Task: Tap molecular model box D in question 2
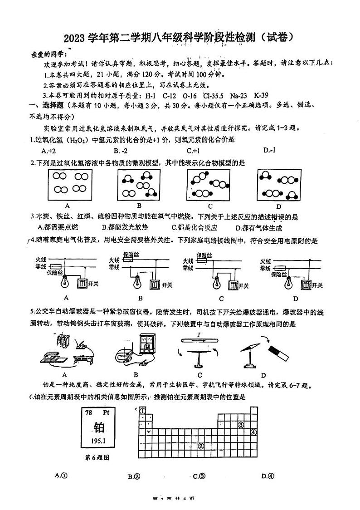(279, 185)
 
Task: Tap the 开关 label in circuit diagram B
(167, 285)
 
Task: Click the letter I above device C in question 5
(199, 335)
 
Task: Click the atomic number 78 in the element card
(89, 413)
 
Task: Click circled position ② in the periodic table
(200, 446)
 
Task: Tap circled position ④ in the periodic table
(253, 432)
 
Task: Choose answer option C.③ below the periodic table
(199, 476)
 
